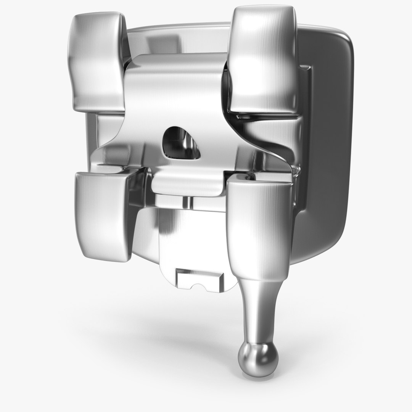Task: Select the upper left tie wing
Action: (x=97, y=61)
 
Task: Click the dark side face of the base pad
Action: (x=328, y=153)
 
